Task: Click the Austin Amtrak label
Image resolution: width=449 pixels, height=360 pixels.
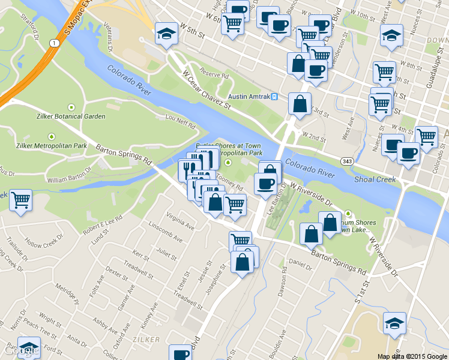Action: pos(249,97)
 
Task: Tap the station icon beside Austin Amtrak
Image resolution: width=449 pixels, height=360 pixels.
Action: pos(274,97)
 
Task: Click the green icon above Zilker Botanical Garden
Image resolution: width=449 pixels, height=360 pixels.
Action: pos(73,106)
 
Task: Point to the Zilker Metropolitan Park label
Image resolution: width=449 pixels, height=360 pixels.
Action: pos(51,146)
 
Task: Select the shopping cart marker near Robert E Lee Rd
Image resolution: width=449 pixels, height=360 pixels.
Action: pos(21,199)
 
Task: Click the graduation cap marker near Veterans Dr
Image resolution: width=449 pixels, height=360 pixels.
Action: pos(165,34)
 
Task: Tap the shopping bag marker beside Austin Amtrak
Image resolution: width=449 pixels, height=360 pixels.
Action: pos(299,103)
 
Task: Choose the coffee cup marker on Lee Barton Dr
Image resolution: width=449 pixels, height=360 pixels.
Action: pos(265,184)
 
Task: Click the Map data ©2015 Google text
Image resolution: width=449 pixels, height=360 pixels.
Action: pos(412,356)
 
